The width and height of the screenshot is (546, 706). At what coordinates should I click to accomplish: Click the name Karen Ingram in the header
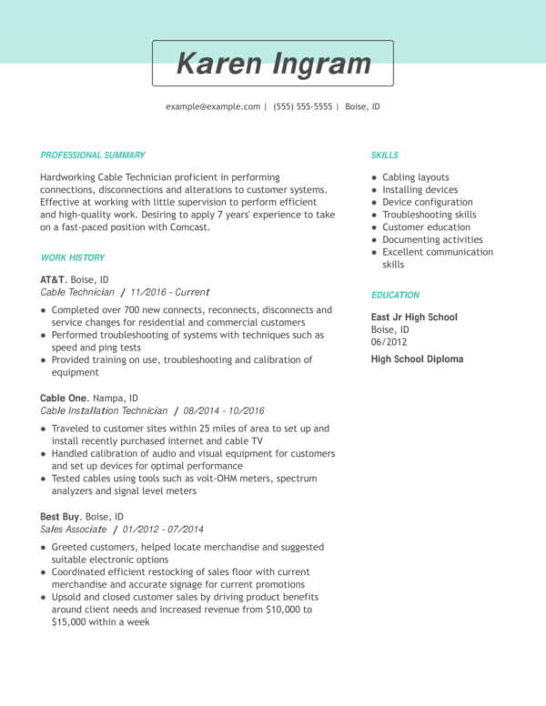click(x=273, y=64)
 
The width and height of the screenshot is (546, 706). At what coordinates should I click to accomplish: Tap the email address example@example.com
click(x=213, y=106)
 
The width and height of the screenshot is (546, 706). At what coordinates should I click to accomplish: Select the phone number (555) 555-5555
click(x=302, y=106)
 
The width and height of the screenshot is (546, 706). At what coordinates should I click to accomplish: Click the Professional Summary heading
click(x=93, y=156)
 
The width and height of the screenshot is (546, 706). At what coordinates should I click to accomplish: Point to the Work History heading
click(x=73, y=257)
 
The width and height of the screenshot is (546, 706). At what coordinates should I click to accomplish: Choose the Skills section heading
click(x=385, y=156)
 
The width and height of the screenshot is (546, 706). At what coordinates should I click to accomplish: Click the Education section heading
click(x=396, y=296)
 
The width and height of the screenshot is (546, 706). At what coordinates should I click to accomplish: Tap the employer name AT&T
click(x=53, y=280)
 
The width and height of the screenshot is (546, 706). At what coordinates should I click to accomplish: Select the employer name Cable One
click(x=64, y=398)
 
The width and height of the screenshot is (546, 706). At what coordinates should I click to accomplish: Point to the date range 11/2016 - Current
click(x=170, y=293)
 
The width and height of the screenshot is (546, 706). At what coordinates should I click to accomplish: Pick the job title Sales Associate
click(x=74, y=529)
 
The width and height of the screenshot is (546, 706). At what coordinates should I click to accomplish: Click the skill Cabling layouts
click(x=416, y=177)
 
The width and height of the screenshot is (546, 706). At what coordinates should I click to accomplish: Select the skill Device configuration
click(x=428, y=202)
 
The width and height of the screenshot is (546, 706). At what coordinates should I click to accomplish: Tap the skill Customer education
click(x=426, y=227)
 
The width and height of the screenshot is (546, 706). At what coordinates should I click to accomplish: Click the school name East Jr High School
click(x=414, y=318)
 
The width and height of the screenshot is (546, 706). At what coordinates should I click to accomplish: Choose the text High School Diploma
click(x=417, y=359)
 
